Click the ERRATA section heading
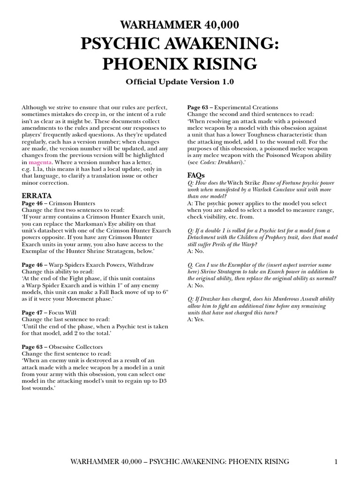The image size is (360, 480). coord(37,195)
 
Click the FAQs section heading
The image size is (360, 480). coord(196,175)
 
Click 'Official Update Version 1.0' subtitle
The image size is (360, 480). coord(180,82)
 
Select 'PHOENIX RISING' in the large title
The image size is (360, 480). coord(180,63)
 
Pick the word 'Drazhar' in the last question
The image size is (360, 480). coord(209,299)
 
